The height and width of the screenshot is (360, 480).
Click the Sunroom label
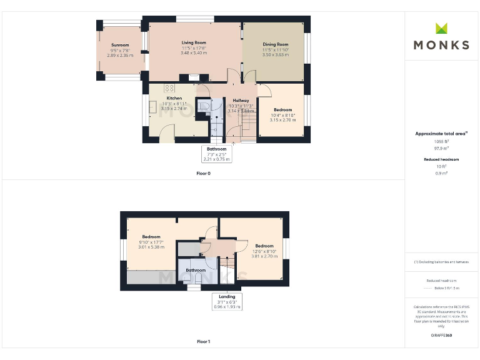point(120,45)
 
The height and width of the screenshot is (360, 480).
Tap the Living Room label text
point(194,42)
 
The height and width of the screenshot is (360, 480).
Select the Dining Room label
point(275,44)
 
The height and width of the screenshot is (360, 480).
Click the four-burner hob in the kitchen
point(169,89)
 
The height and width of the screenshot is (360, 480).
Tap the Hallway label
point(241,100)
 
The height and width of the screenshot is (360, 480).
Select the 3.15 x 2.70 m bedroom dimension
point(282,120)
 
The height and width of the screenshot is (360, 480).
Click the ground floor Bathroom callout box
point(217,154)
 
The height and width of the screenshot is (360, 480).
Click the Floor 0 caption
point(203,173)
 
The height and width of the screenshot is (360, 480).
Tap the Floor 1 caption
point(203,342)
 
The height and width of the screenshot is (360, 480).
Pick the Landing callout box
point(227,302)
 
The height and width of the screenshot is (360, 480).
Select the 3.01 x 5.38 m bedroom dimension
point(151,247)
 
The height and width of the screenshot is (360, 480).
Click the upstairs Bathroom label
point(196,270)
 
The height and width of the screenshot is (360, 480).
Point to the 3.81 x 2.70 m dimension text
point(264,256)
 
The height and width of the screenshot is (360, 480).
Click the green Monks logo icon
point(442,28)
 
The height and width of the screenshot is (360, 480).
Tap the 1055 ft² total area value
point(442,141)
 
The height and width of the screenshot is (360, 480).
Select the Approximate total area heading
point(441,133)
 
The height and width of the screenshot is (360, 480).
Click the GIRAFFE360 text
point(442,336)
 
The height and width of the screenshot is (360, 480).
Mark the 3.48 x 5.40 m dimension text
point(194,52)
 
